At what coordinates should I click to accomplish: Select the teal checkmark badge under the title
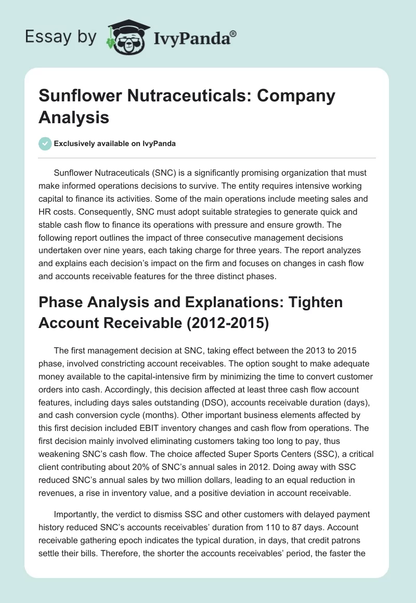point(45,143)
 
